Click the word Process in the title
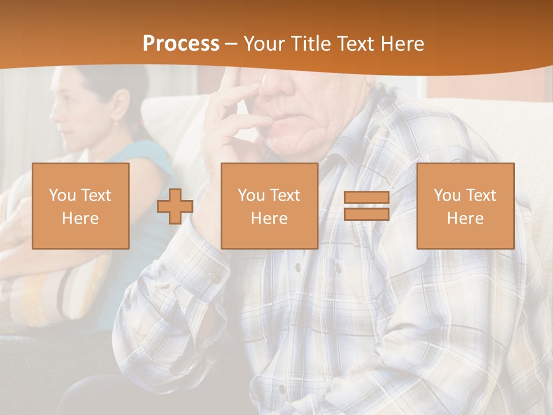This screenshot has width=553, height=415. tap(181, 44)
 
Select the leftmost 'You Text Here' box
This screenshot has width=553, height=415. tap(80, 206)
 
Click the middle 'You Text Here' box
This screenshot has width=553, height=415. tap(269, 206)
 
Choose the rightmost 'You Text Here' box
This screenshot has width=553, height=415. tap(465, 206)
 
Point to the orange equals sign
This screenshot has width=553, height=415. tap(366, 206)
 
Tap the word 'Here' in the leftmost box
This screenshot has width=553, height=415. tap(80, 218)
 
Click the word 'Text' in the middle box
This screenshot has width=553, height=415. tap(285, 195)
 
